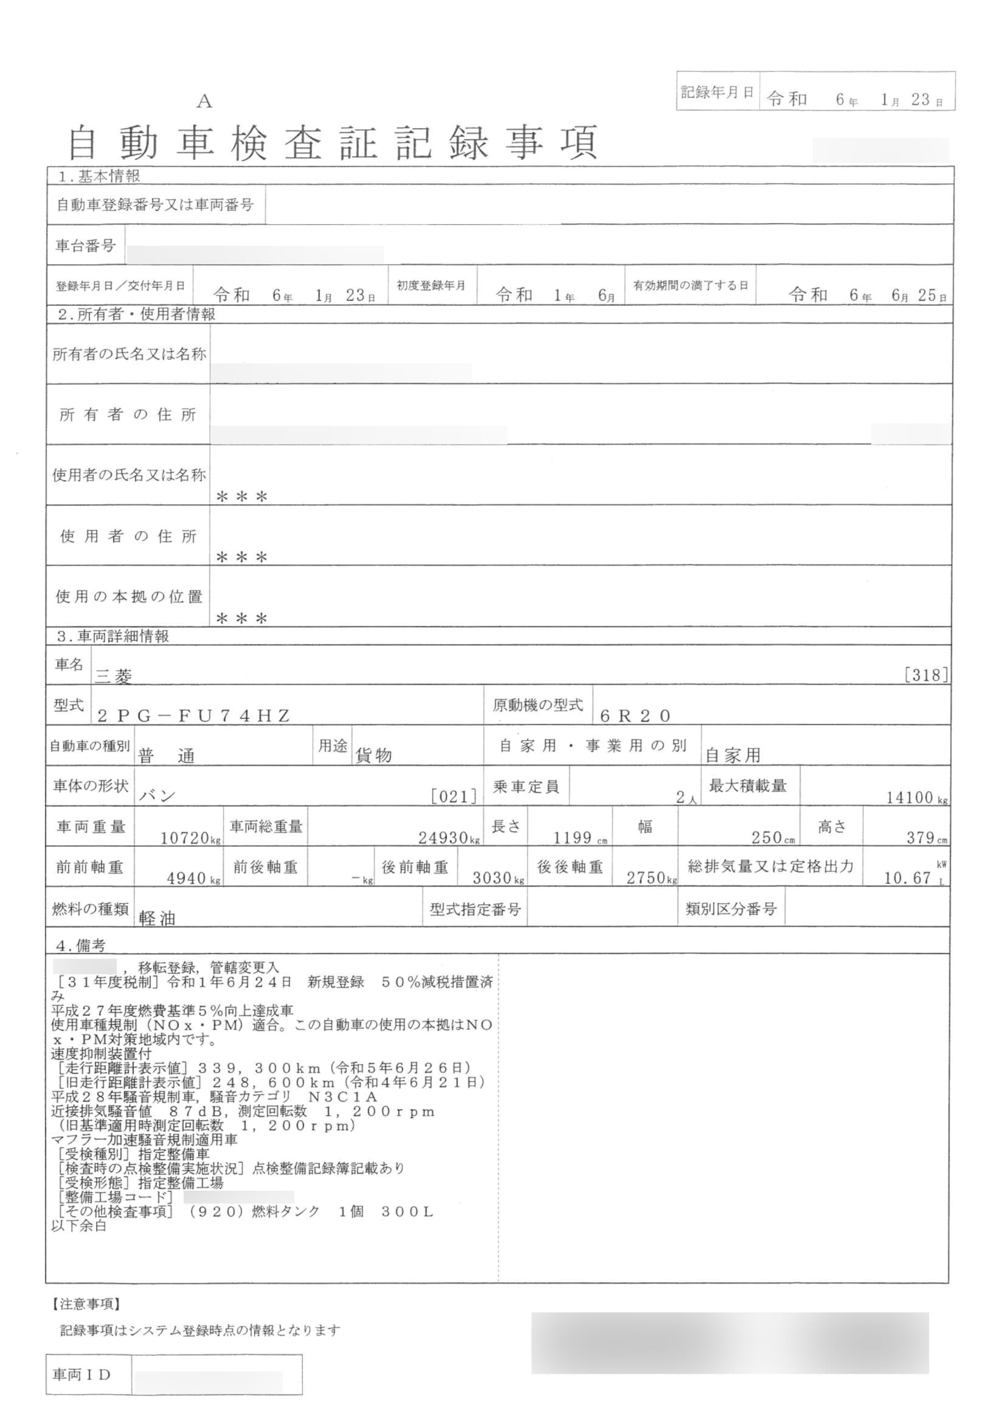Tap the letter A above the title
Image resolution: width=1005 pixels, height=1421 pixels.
(204, 102)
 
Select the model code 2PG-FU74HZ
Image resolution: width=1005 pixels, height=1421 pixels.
(194, 716)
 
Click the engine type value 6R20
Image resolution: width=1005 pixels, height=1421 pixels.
(635, 716)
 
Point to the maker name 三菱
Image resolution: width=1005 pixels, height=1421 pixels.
(114, 676)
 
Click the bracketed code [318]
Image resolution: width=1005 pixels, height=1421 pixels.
(926, 674)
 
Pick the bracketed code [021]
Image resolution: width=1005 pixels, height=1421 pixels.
(454, 797)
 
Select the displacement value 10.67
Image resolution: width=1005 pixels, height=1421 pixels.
(907, 878)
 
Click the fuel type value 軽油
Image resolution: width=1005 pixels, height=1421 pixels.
(157, 919)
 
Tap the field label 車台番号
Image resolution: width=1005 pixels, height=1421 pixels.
(85, 246)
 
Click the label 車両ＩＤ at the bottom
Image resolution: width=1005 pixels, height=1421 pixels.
(82, 1375)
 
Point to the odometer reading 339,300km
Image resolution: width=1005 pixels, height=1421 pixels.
(259, 1068)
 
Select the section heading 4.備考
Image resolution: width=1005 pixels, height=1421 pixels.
(80, 946)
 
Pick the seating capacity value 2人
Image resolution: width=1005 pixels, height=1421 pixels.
(686, 798)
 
